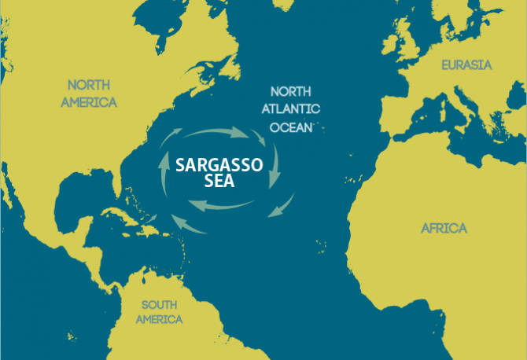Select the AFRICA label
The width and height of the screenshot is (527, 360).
[x=444, y=229]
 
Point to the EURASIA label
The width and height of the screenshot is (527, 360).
[x=466, y=65]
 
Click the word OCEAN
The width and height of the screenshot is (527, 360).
[x=292, y=126]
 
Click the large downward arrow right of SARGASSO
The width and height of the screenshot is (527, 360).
[x=275, y=167]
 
